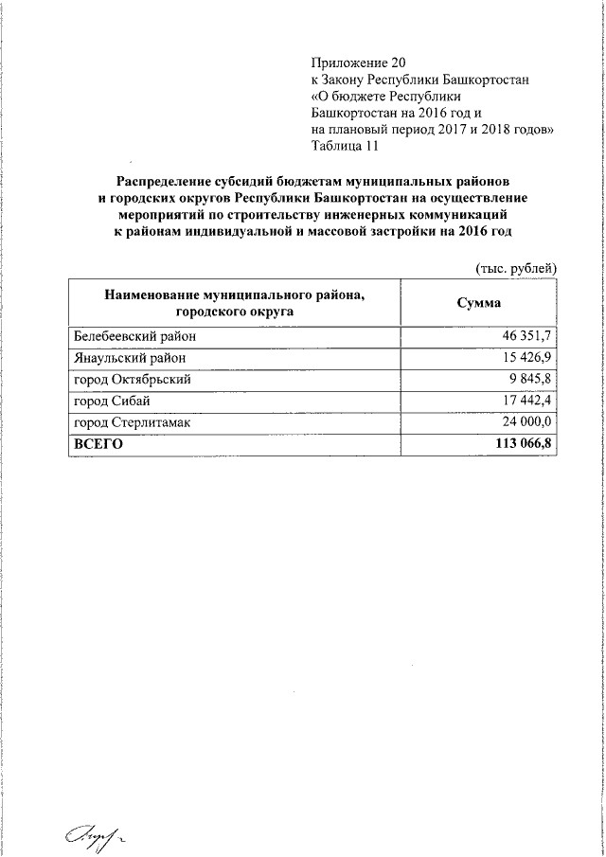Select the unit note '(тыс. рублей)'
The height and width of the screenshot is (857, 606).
[x=515, y=269]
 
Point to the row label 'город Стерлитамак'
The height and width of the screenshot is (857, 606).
[x=134, y=423]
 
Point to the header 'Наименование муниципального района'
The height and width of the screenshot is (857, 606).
[x=234, y=295]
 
